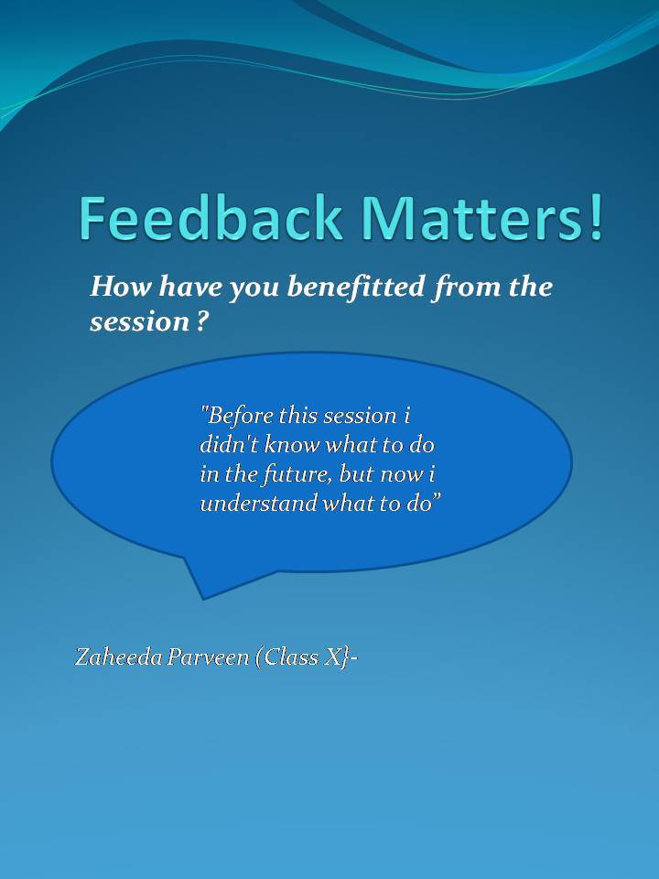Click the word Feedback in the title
coord(211,218)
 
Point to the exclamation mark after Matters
coord(595,218)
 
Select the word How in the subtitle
coord(121,287)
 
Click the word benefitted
coord(356,287)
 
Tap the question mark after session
coord(203,321)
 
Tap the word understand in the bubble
coord(259,503)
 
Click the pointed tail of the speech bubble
coord(202,599)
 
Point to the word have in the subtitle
coord(190,287)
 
